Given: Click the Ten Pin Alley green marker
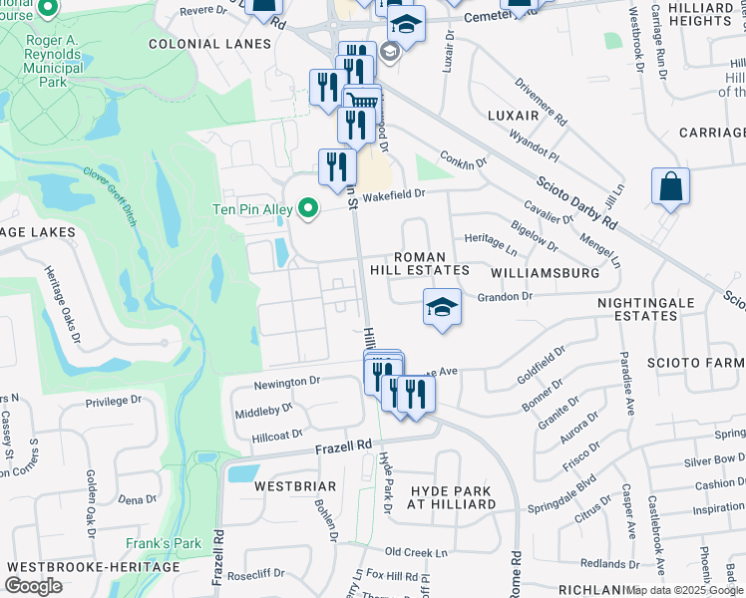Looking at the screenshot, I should click(x=309, y=208).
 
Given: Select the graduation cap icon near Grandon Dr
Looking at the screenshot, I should click(x=442, y=307).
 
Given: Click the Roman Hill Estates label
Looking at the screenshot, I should click(x=431, y=263).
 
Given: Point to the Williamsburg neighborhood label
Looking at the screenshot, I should click(x=545, y=271).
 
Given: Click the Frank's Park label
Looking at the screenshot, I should click(x=164, y=544).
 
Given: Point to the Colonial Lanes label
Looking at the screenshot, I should click(x=209, y=44).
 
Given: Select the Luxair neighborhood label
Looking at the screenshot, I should click(x=514, y=116).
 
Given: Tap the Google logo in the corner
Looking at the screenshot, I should click(x=33, y=586).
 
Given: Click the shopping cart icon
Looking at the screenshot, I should click(x=361, y=101).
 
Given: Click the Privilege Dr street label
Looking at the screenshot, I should click(x=114, y=402).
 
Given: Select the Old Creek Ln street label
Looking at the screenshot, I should click(x=418, y=551).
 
